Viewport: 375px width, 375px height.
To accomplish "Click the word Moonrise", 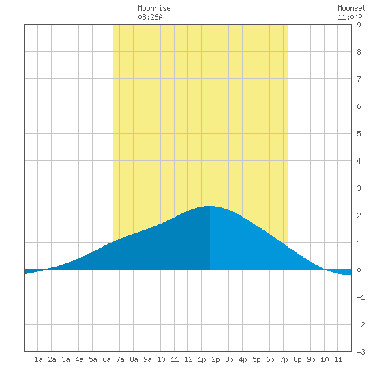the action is pos(154,8).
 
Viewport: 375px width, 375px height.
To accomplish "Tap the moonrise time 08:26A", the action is pos(150,17).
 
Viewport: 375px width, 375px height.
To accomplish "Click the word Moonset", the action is pos(352,8).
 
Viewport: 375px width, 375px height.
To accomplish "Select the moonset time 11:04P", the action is pos(350,17).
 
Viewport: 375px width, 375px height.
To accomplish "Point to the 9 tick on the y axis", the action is pos(359,25).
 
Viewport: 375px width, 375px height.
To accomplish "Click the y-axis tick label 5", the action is pos(359,134).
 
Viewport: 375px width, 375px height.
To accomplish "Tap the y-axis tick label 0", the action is pos(359,270).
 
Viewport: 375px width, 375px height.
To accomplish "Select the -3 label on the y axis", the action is pos(361,352).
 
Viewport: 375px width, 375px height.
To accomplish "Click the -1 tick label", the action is pos(361,297).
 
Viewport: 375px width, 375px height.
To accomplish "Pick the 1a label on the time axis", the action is pos(38,359).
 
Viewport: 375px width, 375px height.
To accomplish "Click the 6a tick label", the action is pos(106,359).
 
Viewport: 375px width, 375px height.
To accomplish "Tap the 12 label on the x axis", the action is pos(188,359).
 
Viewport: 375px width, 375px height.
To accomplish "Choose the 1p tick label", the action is pos(202,359).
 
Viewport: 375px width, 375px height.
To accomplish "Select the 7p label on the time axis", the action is pos(284,359).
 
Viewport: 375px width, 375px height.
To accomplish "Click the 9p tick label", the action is pos(311,359).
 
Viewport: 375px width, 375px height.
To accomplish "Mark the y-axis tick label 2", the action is pos(359,215).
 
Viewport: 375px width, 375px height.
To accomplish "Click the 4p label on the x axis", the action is pos(243,359).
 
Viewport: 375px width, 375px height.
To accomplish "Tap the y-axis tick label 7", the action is pos(359,79).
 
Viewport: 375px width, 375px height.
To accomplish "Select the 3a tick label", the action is pos(65,359).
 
